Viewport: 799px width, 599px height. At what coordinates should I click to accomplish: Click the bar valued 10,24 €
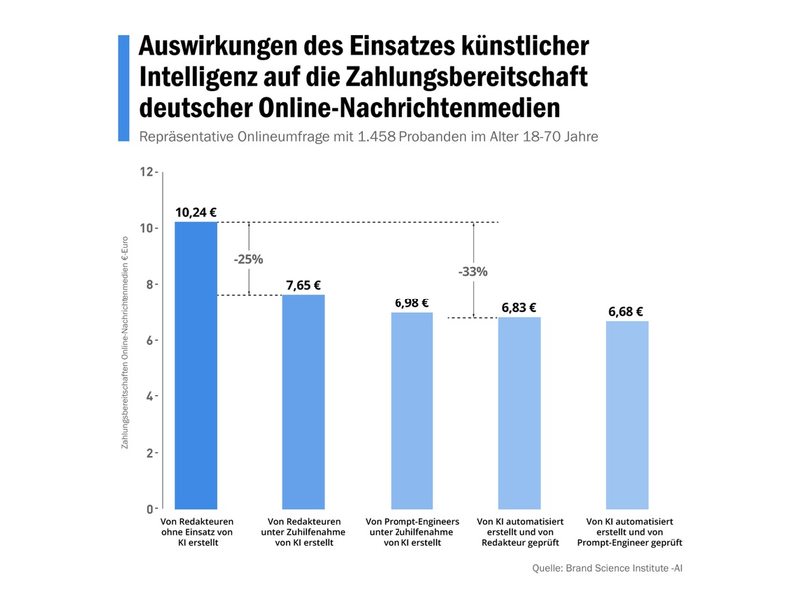[x=196, y=364]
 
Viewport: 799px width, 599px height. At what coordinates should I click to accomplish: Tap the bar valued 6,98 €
[x=411, y=410]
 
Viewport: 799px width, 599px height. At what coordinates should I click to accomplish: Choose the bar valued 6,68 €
[x=627, y=415]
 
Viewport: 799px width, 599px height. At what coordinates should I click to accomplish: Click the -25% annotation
[x=248, y=259]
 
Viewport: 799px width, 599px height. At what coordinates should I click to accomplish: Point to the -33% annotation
[x=473, y=271]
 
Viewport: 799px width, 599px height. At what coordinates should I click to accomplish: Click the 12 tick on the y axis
[x=147, y=172]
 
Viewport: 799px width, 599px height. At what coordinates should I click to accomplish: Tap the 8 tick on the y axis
[x=150, y=285]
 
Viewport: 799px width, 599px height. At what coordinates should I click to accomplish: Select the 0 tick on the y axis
[x=150, y=509]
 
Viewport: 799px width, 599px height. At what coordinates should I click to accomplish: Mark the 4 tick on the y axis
[x=150, y=396]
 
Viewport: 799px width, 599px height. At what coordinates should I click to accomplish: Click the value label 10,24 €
[x=196, y=212]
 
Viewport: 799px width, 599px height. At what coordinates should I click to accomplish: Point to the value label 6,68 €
[x=627, y=312]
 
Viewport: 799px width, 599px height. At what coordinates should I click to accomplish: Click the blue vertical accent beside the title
[x=124, y=88]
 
